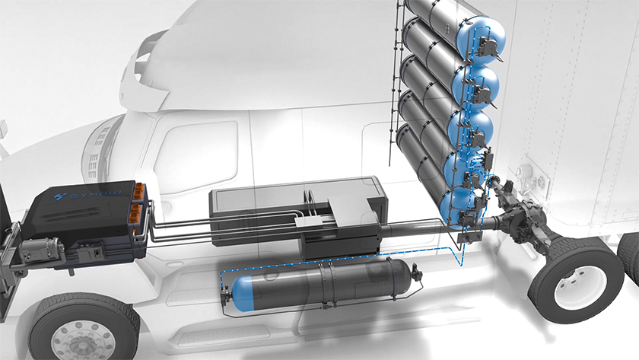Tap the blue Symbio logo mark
61,197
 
